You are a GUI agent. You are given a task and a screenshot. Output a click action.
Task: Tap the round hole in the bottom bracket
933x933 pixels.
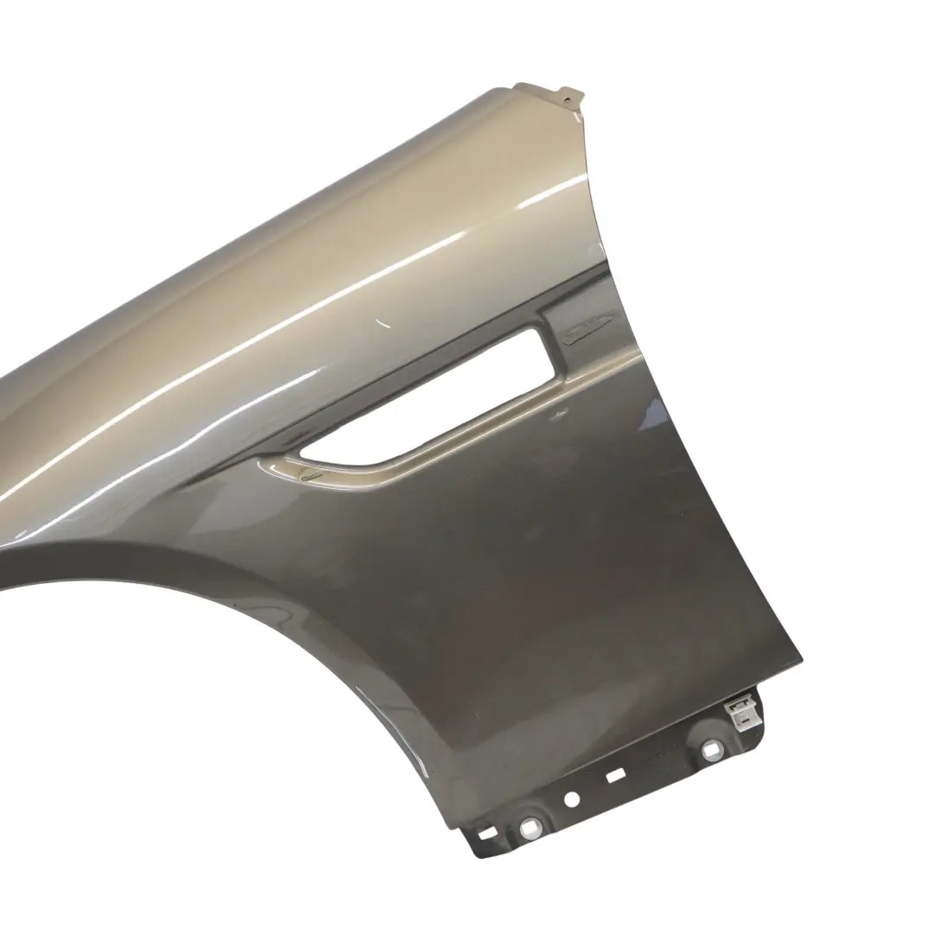[x=572, y=799]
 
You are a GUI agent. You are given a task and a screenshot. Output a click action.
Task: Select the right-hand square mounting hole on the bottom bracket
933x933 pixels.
[x=710, y=748]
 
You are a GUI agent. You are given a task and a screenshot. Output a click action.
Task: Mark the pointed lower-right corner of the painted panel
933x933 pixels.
[x=799, y=663]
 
